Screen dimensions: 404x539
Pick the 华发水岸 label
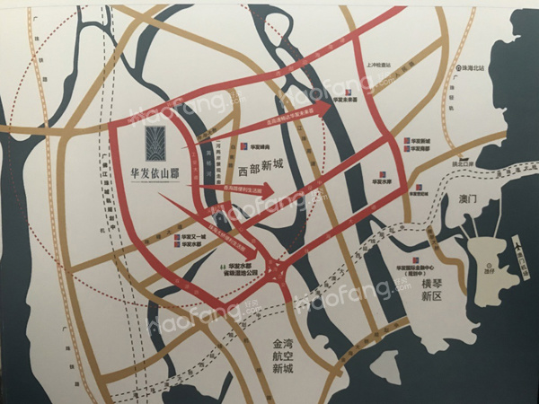383,180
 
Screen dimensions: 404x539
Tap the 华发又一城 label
192,236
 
